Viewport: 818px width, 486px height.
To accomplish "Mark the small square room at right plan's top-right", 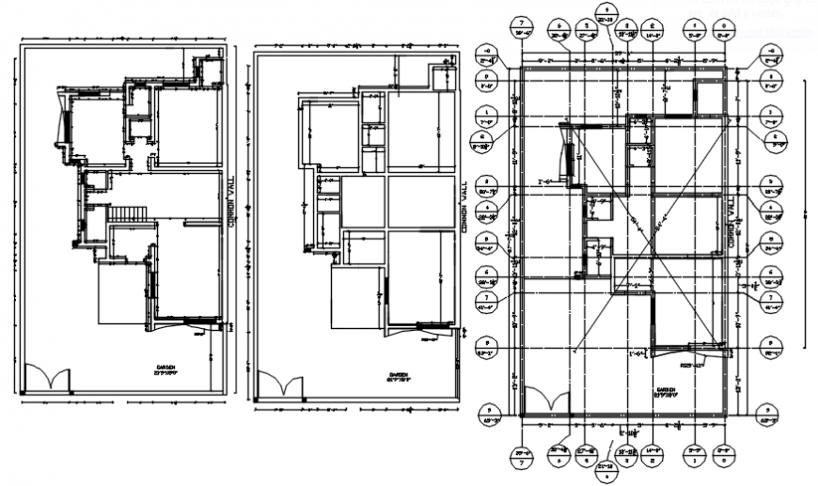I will [x=706, y=96].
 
